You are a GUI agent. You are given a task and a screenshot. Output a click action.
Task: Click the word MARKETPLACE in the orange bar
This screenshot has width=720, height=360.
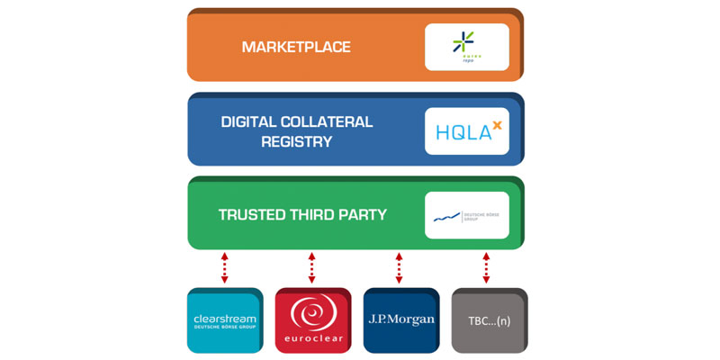point(296,47)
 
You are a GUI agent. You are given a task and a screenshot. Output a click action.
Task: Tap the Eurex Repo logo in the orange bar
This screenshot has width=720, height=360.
point(466,47)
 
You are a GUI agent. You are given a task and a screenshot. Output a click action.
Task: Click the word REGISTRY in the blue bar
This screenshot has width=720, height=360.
point(297,141)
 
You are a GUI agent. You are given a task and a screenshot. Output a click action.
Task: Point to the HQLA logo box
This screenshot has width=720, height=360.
point(466,131)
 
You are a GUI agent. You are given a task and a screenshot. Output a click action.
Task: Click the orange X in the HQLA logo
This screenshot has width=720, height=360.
point(495,126)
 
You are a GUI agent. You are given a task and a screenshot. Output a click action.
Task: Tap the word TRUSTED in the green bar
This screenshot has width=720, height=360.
point(254,215)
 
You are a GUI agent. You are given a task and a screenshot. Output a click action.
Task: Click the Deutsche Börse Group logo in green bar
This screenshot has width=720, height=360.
point(466,215)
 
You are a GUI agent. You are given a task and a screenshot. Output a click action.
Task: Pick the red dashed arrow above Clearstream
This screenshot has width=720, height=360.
point(225,267)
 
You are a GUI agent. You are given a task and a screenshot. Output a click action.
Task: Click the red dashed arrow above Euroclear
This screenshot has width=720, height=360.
point(312,267)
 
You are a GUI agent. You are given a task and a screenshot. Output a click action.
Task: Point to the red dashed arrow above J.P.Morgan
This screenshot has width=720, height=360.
point(400,267)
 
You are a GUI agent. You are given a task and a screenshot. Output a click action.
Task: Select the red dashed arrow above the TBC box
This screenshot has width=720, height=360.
point(487,267)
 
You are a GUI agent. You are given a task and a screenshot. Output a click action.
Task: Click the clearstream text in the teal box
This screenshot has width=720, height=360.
point(225,319)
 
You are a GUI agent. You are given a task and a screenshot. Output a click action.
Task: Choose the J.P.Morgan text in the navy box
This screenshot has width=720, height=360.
point(400,319)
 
